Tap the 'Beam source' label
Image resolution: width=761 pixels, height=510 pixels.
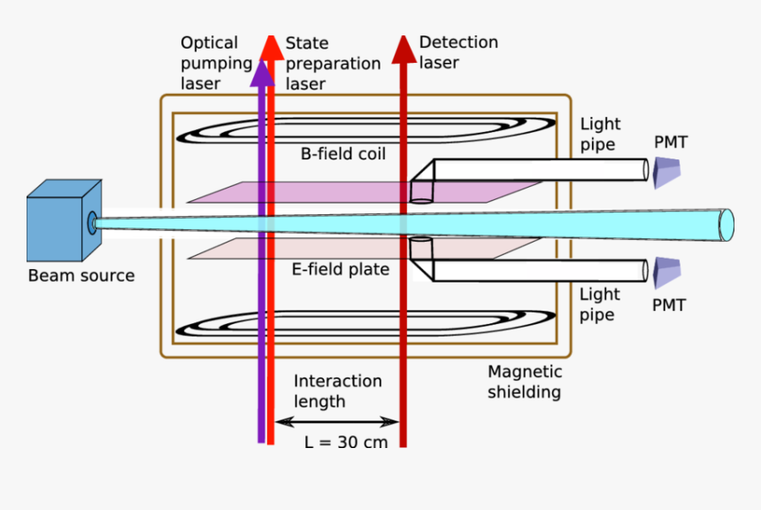(81, 275)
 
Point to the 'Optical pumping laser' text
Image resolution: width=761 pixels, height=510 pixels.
(211, 62)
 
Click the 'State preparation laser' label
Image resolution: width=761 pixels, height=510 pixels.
(333, 63)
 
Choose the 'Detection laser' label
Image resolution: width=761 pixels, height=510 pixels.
(458, 51)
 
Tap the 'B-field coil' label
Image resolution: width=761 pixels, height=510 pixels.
(343, 154)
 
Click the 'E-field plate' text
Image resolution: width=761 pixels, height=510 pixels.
(341, 269)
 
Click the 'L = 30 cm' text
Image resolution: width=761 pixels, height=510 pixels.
(346, 442)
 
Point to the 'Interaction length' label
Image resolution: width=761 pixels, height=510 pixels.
(337, 390)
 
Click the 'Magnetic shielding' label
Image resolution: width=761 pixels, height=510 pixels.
(525, 382)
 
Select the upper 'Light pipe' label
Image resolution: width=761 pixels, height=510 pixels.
(601, 134)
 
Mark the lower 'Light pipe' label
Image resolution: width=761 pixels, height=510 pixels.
(601, 304)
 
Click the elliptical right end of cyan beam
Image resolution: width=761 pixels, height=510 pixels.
(726, 225)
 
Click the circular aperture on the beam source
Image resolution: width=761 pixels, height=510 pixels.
(91, 222)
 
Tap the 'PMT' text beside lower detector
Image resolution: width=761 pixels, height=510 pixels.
(669, 305)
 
